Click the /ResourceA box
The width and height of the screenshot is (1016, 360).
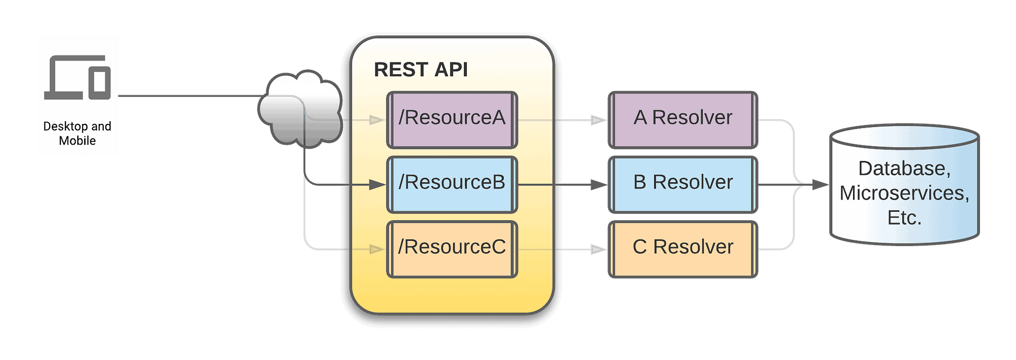452,120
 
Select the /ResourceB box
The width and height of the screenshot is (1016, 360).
452,185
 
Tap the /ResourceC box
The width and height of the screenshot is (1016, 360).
452,249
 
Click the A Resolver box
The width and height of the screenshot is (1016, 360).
683,120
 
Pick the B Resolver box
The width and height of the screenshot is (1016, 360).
683,185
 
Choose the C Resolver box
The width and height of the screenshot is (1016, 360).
683,249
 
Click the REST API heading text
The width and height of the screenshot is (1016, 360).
421,70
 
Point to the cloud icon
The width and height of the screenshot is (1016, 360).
300,109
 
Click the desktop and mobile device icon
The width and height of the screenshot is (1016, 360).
77,77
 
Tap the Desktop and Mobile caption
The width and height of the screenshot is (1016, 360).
77,133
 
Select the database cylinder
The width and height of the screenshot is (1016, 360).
904,185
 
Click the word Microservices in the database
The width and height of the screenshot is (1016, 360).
904,193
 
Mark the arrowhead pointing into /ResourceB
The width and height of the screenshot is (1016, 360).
377,185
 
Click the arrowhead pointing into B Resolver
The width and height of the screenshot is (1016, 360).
599,185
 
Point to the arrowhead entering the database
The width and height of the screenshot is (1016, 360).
820,185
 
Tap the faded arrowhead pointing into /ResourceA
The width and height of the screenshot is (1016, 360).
377,120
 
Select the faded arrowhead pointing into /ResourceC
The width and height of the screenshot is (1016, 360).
377,249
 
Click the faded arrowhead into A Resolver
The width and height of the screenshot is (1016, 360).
599,120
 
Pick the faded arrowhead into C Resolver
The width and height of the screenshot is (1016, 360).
599,249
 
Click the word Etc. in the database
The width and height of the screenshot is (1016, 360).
904,218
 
